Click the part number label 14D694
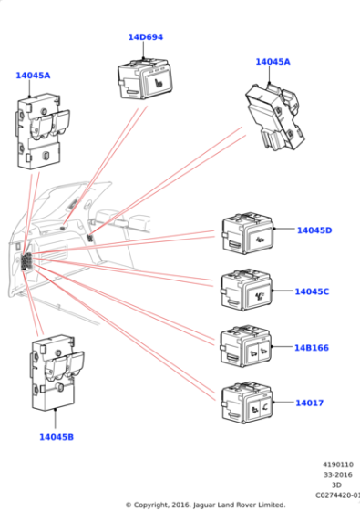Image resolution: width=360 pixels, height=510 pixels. coord(145,37)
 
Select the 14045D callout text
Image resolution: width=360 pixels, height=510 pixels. coord(314,230)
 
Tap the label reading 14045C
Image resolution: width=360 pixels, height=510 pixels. coord(312,291)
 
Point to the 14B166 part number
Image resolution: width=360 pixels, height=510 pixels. coord(311,347)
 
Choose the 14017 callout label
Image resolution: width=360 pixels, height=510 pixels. coord(309,403)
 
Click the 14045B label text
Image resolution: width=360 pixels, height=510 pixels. coord(56,437)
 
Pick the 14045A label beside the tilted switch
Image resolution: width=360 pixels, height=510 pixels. coord(273,62)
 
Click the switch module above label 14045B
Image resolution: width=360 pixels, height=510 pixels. coord(56,374)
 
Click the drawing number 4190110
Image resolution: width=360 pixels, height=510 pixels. coord(337,464)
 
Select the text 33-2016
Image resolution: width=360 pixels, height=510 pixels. coord(337,474)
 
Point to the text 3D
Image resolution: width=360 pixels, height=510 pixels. coord(336,484)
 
